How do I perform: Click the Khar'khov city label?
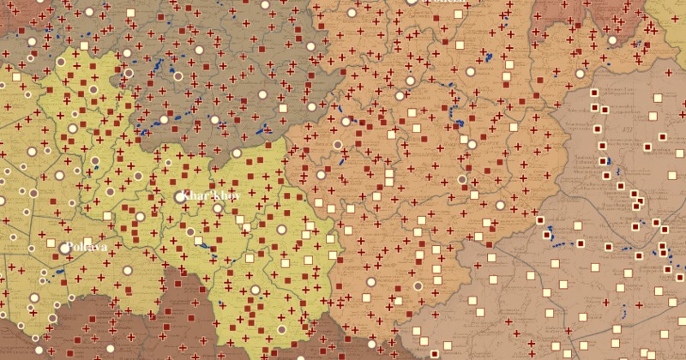click(x=212, y=195)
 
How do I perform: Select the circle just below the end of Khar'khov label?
click(x=218, y=208)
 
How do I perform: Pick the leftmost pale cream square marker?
click(x=16, y=77)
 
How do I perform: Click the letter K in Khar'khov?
click(x=187, y=195)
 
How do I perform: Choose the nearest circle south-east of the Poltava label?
click(x=127, y=270)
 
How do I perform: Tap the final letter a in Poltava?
click(x=105, y=248)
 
